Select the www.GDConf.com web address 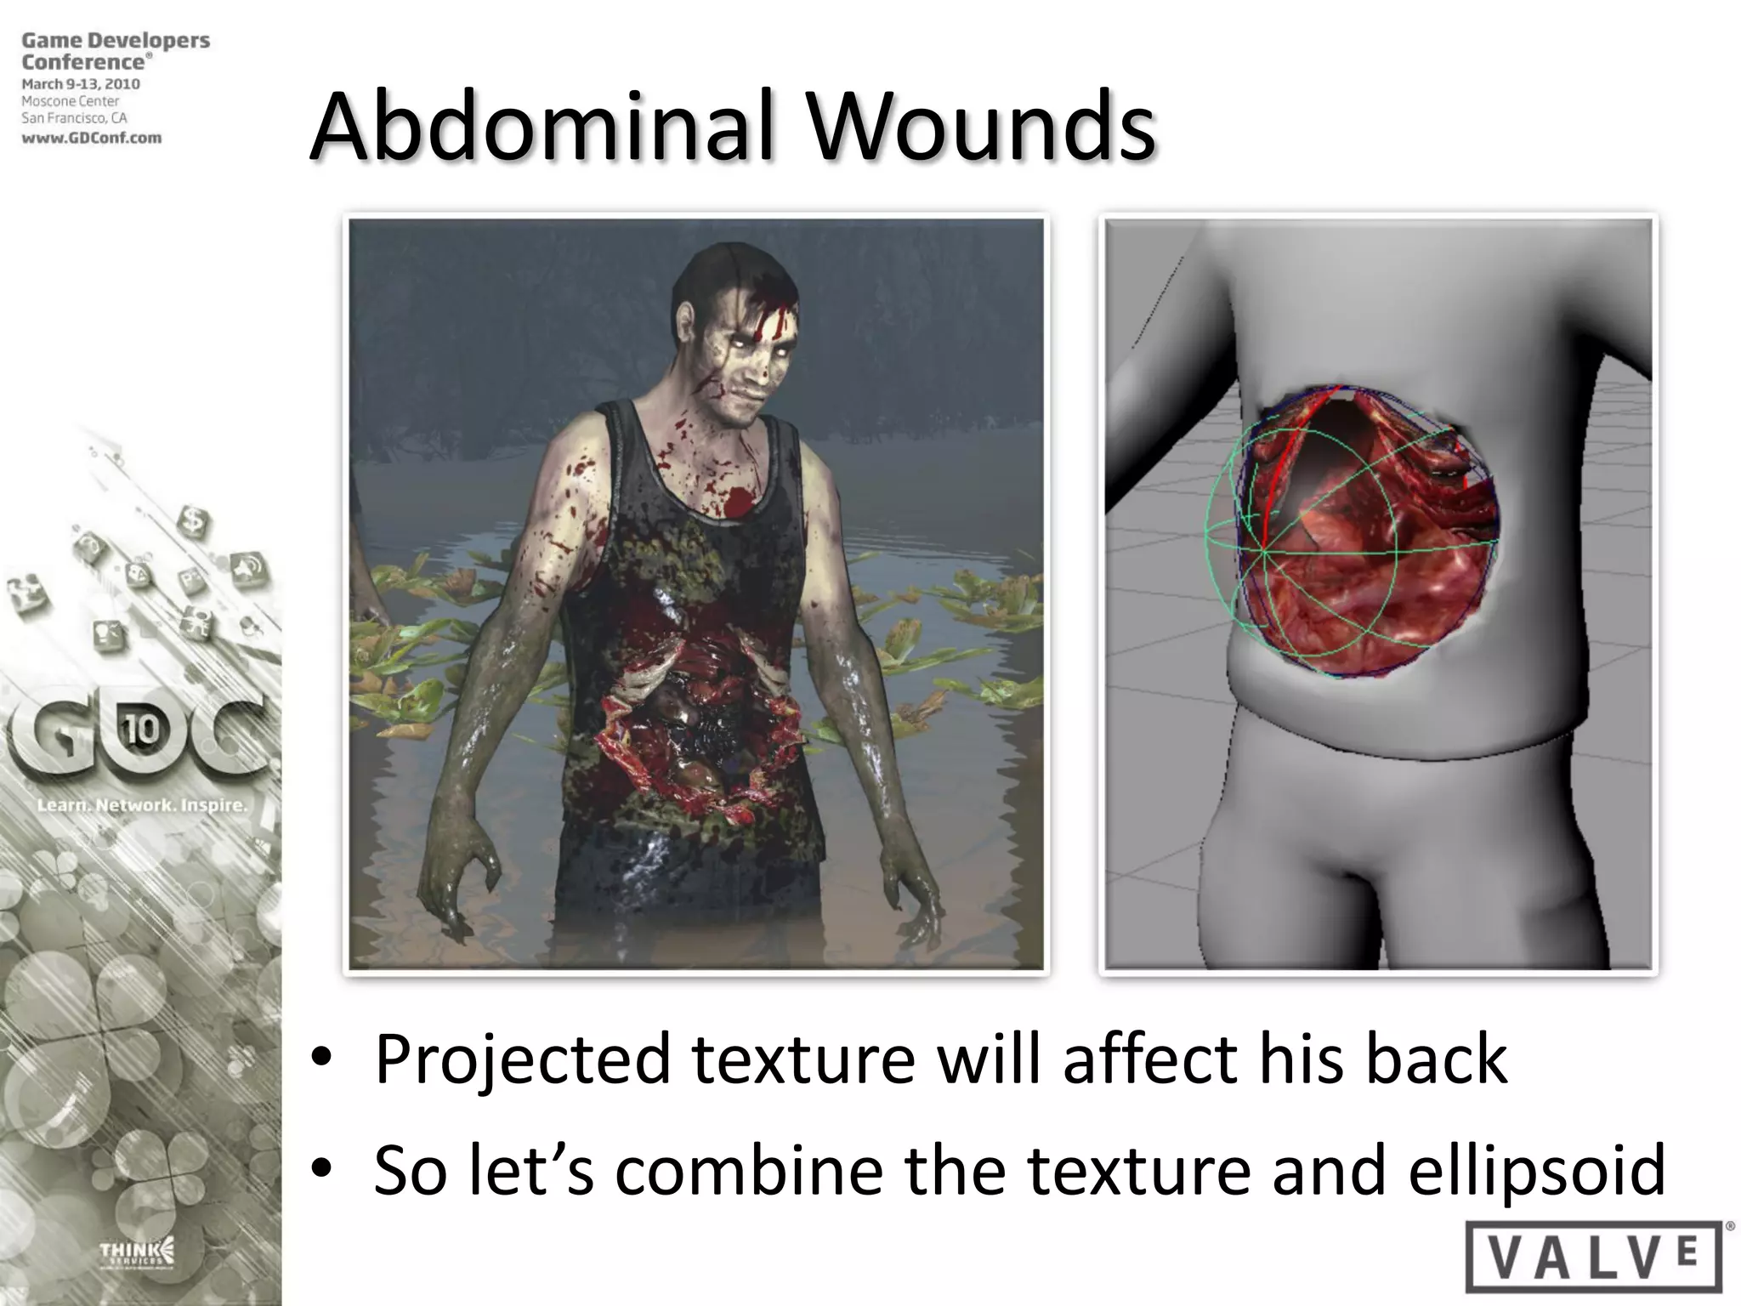(x=91, y=138)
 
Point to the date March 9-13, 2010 (x=81, y=84)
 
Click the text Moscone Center (x=71, y=101)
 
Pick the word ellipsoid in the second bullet (x=1536, y=1171)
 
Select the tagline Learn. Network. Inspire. (x=141, y=804)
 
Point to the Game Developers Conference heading (x=115, y=50)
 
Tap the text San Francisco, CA (x=74, y=118)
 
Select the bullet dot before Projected (x=320, y=1059)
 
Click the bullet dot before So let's (x=320, y=1169)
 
